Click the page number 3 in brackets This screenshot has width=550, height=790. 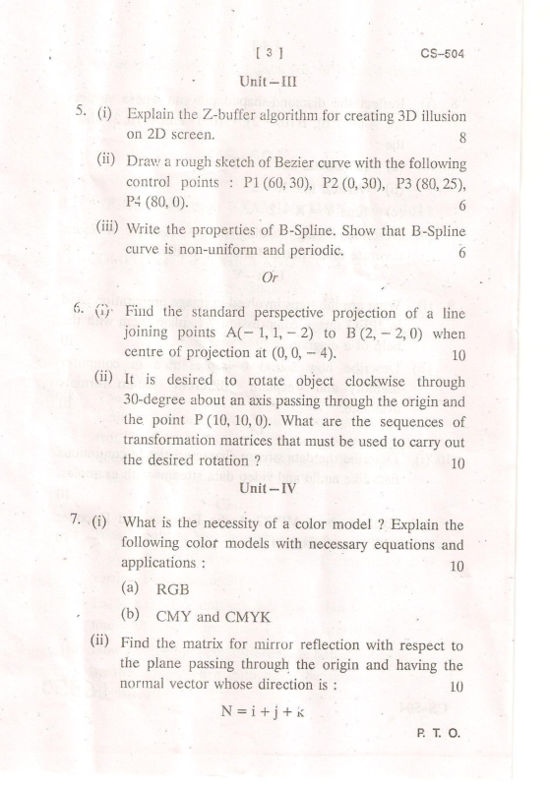point(261,53)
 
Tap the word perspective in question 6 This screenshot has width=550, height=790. point(299,312)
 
